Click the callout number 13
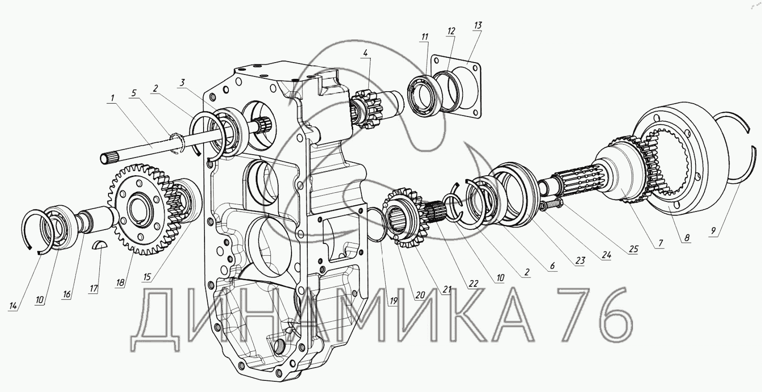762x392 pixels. [x=477, y=25]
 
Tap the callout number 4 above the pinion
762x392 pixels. [x=365, y=53]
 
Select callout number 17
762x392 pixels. [x=93, y=289]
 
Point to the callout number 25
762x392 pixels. [x=633, y=249]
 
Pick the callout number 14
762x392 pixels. [x=14, y=305]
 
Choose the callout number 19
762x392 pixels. [x=393, y=301]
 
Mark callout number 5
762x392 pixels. [x=134, y=92]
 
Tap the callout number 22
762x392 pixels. [x=473, y=283]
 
